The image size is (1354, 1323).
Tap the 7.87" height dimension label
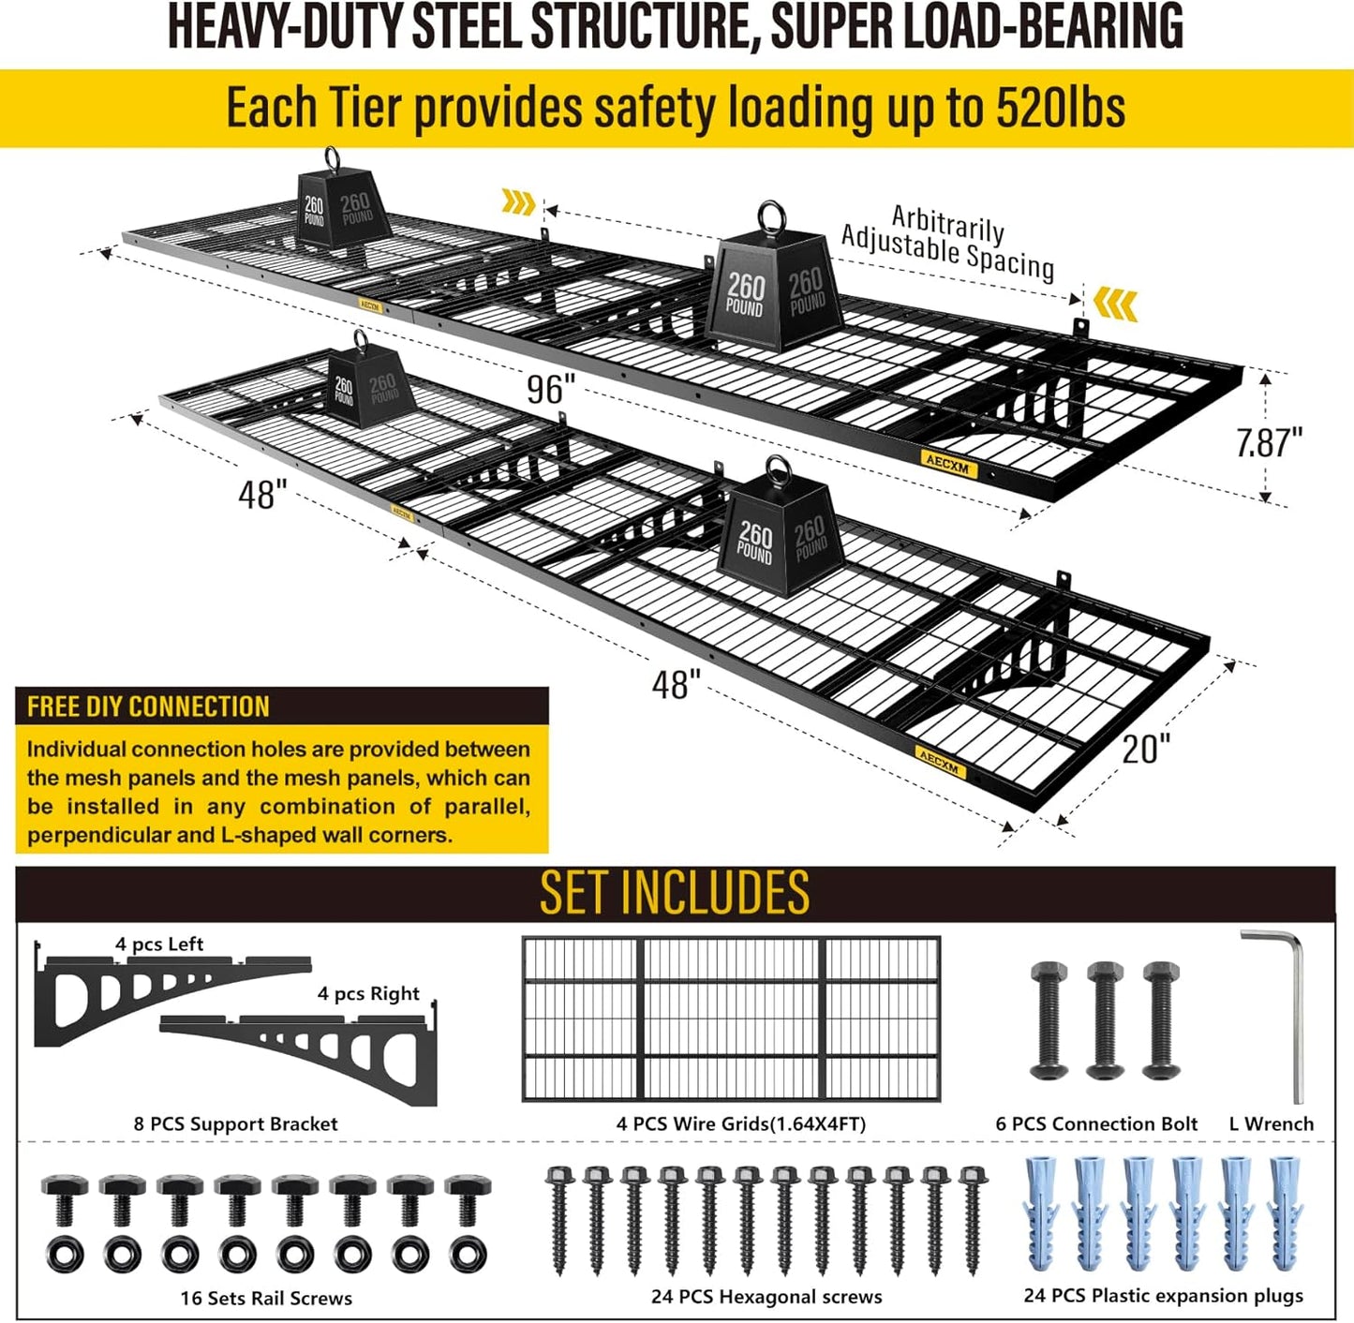(1269, 442)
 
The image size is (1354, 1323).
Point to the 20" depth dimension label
(1146, 749)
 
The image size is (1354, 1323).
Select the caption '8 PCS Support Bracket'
(235, 1123)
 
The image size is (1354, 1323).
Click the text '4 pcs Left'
(159, 944)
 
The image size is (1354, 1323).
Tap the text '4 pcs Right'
(368, 993)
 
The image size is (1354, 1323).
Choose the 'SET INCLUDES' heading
(675, 892)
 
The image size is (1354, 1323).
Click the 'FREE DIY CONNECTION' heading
(148, 706)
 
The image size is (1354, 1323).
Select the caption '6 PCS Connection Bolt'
(1096, 1123)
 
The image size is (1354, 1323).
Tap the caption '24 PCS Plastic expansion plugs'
(1163, 1296)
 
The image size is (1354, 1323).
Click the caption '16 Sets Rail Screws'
(266, 1298)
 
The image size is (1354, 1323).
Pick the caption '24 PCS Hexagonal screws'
(766, 1297)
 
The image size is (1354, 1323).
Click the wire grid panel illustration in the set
(731, 1018)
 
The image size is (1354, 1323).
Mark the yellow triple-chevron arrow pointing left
(1116, 305)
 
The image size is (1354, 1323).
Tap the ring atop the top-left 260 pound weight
(333, 157)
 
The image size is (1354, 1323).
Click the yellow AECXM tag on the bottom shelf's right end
(940, 762)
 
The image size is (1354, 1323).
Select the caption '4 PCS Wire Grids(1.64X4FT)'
(740, 1123)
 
